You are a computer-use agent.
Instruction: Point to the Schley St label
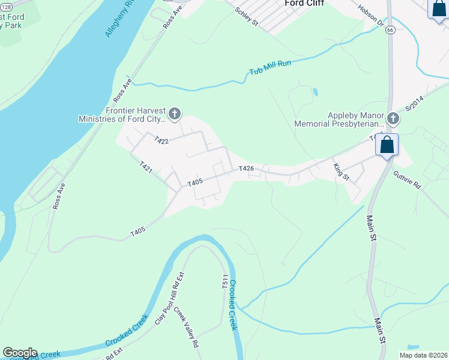point(246,17)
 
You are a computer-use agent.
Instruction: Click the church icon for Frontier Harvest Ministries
point(175,113)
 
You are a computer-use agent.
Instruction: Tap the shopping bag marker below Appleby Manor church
point(387,145)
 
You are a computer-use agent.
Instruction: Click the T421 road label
point(146,167)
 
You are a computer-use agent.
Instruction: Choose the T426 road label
point(247,169)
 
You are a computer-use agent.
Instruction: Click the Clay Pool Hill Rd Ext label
point(169,306)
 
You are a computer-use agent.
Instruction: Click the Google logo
point(20,353)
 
